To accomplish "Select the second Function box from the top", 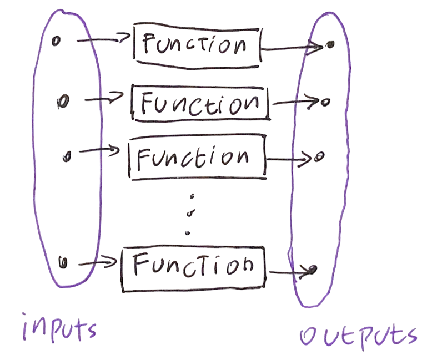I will (x=200, y=103).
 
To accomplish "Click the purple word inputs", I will (x=59, y=328).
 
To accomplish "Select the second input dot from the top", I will (x=63, y=102).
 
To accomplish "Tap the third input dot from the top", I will (x=67, y=157).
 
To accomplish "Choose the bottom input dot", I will (x=63, y=262).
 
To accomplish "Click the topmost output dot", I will (x=329, y=45).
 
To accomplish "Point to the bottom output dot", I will (x=313, y=270).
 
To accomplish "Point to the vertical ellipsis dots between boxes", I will (x=190, y=214).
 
